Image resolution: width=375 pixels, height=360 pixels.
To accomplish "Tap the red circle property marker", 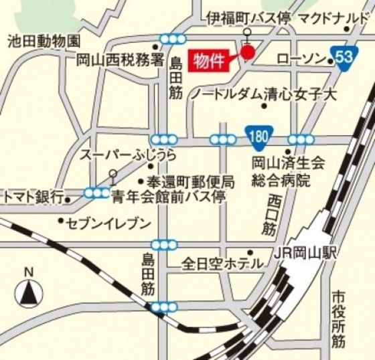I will click(248, 52).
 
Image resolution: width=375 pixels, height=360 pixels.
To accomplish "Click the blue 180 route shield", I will click(257, 137).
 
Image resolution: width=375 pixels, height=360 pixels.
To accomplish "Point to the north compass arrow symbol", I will click(28, 292).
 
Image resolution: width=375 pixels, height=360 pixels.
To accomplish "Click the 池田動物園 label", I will click(44, 41).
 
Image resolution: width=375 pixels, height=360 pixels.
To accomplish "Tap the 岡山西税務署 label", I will click(119, 59).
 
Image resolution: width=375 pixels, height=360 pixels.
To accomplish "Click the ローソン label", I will click(299, 60).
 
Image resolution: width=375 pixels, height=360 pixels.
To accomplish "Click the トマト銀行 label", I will click(33, 196).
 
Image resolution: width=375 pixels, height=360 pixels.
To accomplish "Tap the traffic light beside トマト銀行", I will click(96, 193).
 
